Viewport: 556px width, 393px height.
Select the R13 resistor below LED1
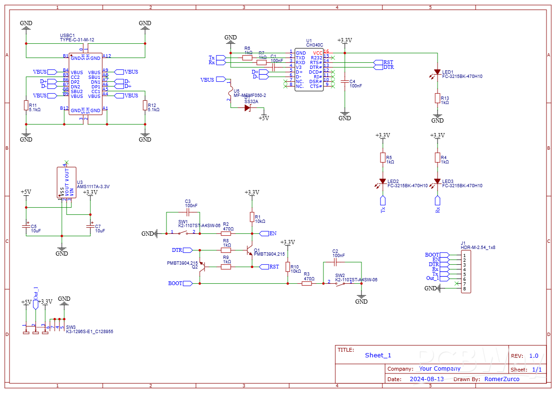[x=438, y=98]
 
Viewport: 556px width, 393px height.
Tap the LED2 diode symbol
[x=382, y=182]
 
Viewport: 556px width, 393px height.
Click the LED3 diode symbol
[x=438, y=182]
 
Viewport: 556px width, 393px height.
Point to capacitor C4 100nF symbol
[x=345, y=82]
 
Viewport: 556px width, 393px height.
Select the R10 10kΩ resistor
[x=288, y=267]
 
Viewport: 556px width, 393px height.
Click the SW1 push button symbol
[x=183, y=233]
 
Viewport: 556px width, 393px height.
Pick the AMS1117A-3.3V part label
[x=93, y=187]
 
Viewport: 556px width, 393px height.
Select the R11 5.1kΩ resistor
[x=26, y=105]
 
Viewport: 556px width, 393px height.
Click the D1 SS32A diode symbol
[x=247, y=108]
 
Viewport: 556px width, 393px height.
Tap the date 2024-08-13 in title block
[x=427, y=379]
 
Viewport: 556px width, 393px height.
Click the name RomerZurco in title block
[x=502, y=379]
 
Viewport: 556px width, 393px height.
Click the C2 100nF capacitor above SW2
[x=335, y=262]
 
